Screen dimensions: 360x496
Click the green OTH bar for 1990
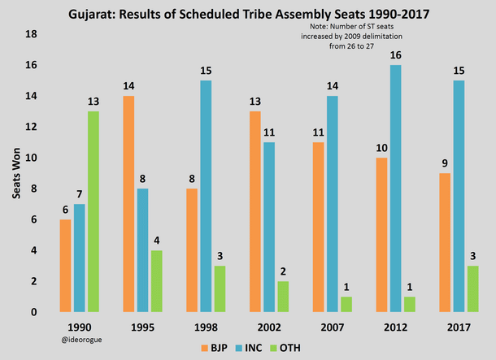(94, 212)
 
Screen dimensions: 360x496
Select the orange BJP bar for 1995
(129, 204)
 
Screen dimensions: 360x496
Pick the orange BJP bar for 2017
(445, 243)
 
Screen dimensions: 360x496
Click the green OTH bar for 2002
(283, 297)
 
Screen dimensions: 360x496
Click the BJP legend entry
(212, 348)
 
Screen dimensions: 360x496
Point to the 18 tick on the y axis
(33, 34)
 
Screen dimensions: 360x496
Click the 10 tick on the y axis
(33, 158)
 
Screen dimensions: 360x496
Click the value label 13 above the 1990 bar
(94, 101)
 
